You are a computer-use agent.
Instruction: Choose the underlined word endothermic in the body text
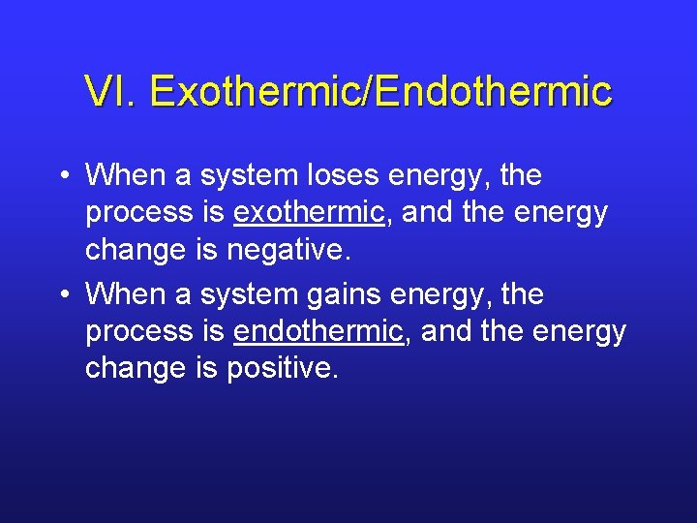click(x=318, y=331)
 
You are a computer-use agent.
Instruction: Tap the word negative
click(x=285, y=250)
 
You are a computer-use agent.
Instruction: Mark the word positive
click(x=281, y=368)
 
